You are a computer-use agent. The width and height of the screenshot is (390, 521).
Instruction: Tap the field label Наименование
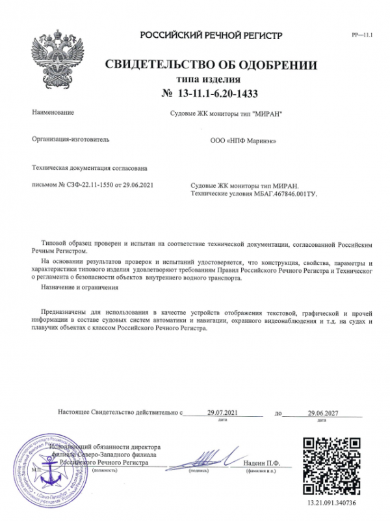pyautogui.click(x=53, y=113)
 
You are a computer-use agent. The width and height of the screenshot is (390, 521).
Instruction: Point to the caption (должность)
pyautogui.click(x=107, y=470)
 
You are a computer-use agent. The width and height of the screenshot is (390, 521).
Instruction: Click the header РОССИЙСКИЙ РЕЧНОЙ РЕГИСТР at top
pyautogui.click(x=212, y=34)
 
